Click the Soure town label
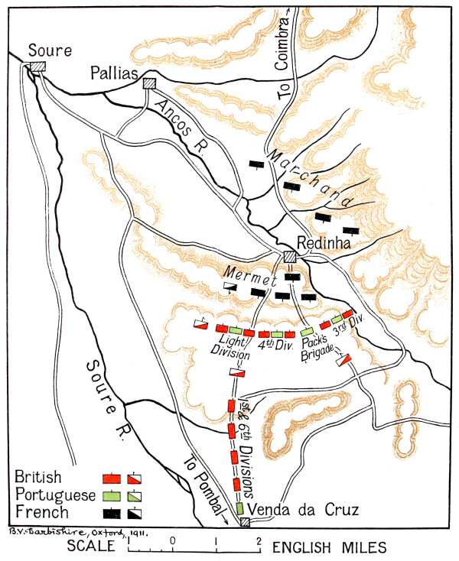coord(50,51)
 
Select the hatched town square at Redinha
coord(290,257)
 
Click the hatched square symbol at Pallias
coord(150,83)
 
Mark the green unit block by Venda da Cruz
coord(239,508)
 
